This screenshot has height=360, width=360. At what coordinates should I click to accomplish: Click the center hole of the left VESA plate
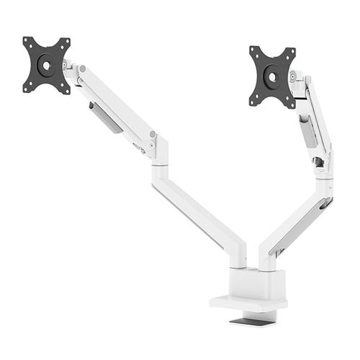tap(46, 65)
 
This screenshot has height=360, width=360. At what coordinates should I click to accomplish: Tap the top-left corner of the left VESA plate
tap(26, 40)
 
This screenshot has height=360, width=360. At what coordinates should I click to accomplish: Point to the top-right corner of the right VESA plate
tap(294, 50)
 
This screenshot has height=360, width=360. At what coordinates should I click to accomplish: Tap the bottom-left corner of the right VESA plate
tap(253, 100)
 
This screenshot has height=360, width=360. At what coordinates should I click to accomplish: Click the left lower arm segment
tap(198, 212)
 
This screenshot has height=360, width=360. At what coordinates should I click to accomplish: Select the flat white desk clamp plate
tap(245, 302)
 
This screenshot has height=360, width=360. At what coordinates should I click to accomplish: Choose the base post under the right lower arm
tap(266, 259)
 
